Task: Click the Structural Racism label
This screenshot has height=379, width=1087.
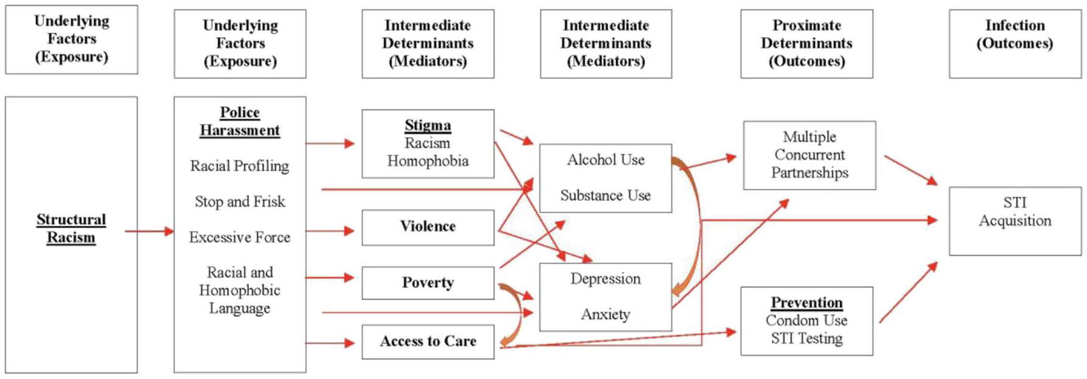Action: [x=71, y=228]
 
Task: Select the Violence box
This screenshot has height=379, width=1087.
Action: [x=428, y=227]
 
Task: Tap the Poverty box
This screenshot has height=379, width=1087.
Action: [x=428, y=283]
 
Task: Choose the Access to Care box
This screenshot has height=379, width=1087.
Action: [x=428, y=341]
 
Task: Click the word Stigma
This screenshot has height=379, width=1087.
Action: [x=428, y=126]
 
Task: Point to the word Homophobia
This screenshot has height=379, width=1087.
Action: [x=428, y=161]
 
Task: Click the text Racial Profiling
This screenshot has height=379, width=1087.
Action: [x=239, y=166]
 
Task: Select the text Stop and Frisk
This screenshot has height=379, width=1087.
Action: [x=240, y=202]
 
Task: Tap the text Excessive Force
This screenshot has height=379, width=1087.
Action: [x=239, y=237]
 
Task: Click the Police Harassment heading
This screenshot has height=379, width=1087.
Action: [x=240, y=121]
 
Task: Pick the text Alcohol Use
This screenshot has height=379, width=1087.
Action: [x=605, y=160]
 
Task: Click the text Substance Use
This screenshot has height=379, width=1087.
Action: [x=605, y=196]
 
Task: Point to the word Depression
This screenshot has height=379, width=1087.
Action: [x=605, y=278]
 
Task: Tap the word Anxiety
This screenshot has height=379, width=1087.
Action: [x=605, y=314]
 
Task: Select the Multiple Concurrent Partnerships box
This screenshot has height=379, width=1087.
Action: [x=809, y=155]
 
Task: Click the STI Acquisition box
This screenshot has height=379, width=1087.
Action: [x=1014, y=221]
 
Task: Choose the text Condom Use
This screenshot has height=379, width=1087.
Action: [x=806, y=321]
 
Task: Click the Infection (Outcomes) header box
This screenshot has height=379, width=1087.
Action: [x=1014, y=43]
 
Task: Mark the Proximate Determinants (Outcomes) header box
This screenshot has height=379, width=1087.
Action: [x=806, y=43]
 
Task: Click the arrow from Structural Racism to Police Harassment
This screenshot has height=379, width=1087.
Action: [x=149, y=231]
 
